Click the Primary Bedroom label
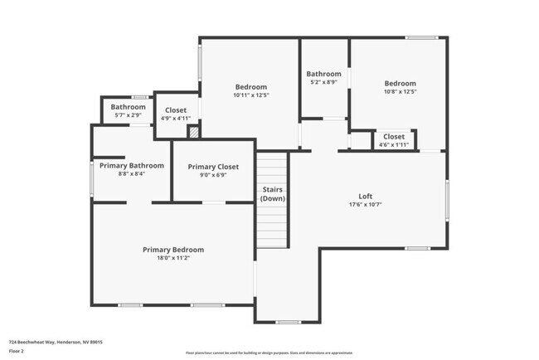[172, 250]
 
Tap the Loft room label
[365, 197]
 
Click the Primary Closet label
[213, 167]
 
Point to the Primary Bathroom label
[132, 165]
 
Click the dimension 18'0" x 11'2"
[172, 258]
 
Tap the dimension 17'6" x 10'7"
[365, 204]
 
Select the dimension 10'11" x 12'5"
[250, 95]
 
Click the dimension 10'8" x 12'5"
[400, 91]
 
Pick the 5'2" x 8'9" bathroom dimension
[323, 82]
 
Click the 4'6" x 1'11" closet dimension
[394, 144]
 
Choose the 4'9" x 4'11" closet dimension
[176, 118]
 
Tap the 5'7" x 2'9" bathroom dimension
[129, 114]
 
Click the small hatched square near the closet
[194, 131]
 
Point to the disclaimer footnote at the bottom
[269, 353]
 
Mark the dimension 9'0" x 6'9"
[213, 175]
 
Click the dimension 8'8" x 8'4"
[132, 173]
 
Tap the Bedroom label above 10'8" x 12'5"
[400, 83]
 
